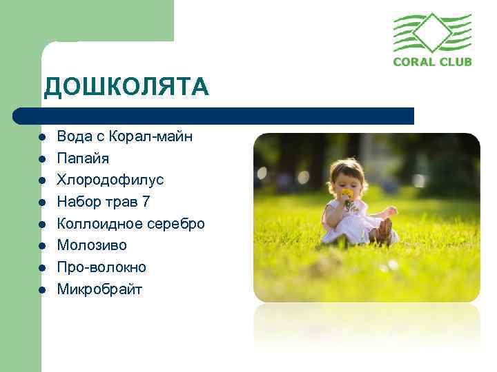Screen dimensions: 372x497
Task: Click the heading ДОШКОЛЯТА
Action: (125, 87)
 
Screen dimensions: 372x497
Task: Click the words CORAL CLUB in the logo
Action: (432, 61)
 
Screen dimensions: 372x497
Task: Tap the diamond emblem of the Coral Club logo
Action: (432, 32)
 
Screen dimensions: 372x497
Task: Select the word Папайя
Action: (83, 158)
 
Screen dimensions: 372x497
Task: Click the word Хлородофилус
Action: (110, 180)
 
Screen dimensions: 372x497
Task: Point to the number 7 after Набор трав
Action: (146, 202)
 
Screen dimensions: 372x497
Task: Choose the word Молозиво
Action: (92, 245)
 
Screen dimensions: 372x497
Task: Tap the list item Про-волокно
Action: (101, 267)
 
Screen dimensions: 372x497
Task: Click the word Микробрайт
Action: (99, 289)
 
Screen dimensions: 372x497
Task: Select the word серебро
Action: (178, 223)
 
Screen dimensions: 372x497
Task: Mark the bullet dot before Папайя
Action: (42, 159)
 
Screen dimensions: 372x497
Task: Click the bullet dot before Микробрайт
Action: (42, 289)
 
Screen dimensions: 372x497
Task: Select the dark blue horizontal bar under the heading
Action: (214, 116)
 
